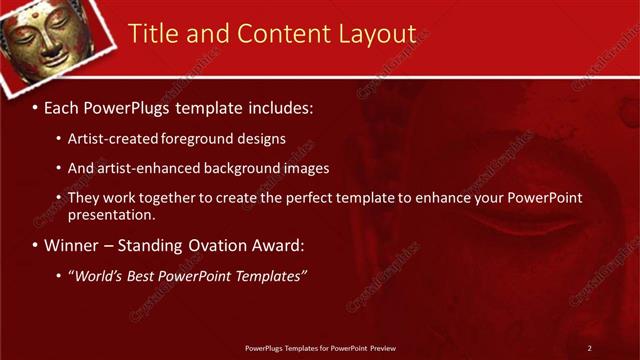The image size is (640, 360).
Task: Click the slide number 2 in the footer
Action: point(590,348)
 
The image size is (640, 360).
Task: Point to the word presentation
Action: point(111,215)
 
